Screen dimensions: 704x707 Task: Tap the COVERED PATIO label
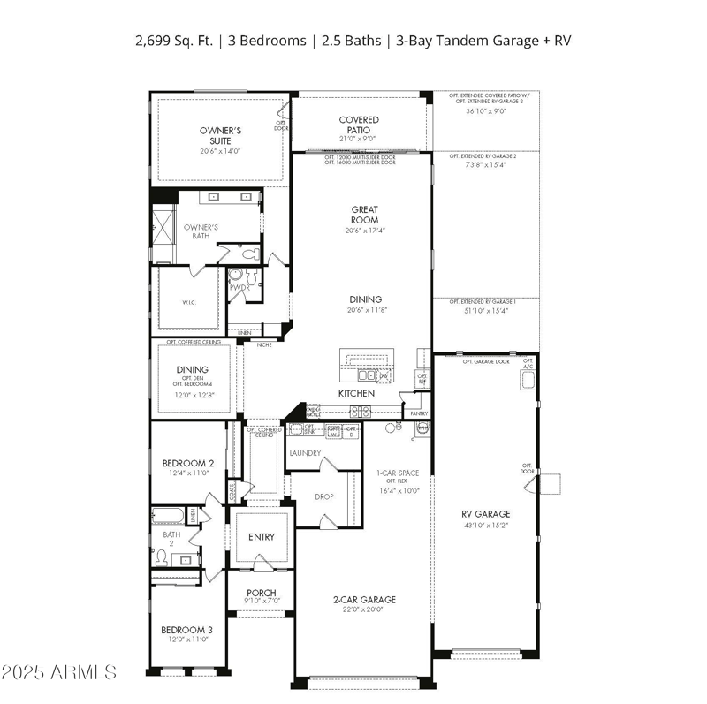(359, 125)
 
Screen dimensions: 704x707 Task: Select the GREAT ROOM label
(365, 215)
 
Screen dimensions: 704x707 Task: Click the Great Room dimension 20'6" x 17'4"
(365, 231)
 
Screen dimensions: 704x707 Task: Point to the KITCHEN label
(356, 393)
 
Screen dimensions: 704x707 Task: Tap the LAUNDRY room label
(306, 453)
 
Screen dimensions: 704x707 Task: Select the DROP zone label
(324, 496)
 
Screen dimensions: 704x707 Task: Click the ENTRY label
(262, 537)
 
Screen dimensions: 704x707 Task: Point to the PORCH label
(262, 593)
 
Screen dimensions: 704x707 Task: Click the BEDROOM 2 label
(187, 463)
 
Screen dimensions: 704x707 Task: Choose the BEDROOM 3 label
(186, 630)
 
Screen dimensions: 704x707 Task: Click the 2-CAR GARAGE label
(365, 600)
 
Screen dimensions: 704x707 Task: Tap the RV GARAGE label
(486, 514)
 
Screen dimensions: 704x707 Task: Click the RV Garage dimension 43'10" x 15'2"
(486, 525)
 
